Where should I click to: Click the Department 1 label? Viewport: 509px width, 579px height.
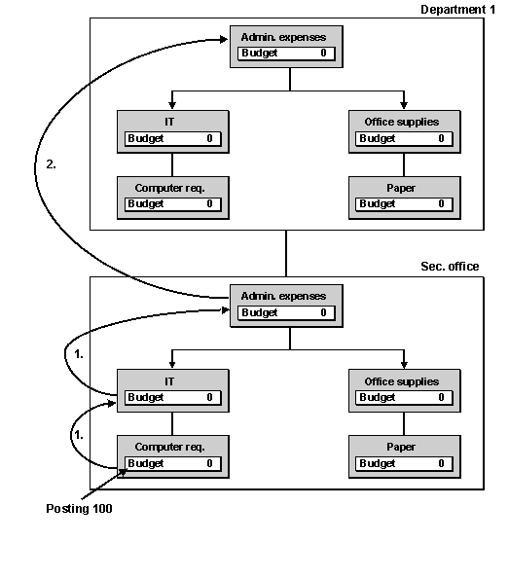[457, 10]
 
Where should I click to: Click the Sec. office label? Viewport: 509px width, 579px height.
[450, 267]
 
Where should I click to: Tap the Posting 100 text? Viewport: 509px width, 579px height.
[79, 509]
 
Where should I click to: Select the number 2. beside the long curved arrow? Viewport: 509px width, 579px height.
[51, 164]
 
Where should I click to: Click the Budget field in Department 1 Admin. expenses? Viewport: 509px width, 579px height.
[286, 54]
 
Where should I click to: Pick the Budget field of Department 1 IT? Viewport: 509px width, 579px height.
[173, 139]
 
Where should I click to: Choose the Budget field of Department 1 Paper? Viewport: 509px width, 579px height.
[404, 204]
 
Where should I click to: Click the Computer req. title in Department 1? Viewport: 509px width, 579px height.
[169, 188]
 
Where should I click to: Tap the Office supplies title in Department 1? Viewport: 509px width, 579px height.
[402, 122]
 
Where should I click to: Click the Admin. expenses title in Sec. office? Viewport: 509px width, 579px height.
[283, 296]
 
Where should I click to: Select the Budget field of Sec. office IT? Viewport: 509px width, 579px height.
[173, 398]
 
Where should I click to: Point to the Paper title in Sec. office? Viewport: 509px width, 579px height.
[401, 448]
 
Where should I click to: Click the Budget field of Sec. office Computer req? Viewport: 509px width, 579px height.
[173, 463]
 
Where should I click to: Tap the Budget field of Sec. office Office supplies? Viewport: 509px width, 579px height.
[404, 398]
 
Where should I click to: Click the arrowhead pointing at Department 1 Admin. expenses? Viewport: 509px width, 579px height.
[224, 39]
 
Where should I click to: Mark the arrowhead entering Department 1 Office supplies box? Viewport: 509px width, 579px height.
[404, 105]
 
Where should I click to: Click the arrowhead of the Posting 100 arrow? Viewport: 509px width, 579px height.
[123, 473]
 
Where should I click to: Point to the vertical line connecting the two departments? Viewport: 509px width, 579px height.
[286, 254]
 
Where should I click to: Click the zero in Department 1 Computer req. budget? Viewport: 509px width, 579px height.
[209, 203]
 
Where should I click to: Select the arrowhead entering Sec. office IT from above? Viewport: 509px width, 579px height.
[172, 364]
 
